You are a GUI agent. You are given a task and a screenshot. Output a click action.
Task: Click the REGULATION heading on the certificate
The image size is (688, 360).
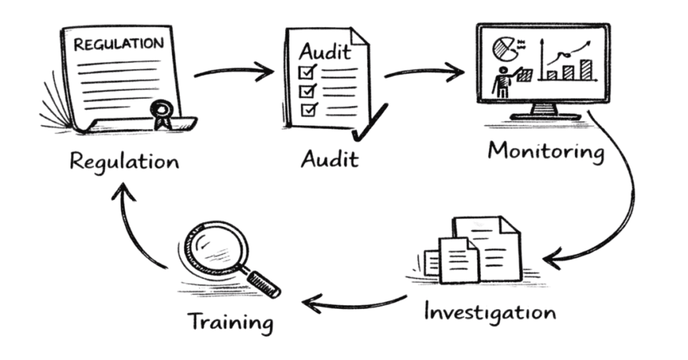pos(118,44)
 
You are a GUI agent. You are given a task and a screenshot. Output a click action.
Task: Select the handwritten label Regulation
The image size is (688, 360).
pos(124,162)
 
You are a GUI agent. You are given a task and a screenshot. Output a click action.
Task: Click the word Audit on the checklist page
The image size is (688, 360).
pos(325,52)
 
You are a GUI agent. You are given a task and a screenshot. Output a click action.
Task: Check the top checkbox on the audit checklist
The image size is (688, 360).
pos(307,71)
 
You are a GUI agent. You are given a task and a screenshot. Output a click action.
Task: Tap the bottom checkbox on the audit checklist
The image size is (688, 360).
pos(309,109)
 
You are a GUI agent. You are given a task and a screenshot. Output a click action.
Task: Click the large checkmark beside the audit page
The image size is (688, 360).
pos(370,122)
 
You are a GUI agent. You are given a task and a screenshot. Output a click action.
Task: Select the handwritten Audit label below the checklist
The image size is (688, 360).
pos(329,159)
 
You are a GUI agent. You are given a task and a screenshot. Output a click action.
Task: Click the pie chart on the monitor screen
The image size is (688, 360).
pos(504,48)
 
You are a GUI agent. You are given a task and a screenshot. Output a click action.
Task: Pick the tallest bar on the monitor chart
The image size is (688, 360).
pos(586,70)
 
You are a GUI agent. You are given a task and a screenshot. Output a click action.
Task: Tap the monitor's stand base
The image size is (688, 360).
pos(546,116)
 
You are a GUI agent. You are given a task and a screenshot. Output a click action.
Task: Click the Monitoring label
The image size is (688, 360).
pos(546,152)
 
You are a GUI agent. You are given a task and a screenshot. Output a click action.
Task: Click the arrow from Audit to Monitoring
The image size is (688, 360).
pos(425,71)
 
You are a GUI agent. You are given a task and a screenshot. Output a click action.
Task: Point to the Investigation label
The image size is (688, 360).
pos(490,312)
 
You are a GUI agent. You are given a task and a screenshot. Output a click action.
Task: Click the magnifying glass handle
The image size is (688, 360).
pos(263,283)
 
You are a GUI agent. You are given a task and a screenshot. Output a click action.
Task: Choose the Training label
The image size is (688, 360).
pos(231,323)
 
